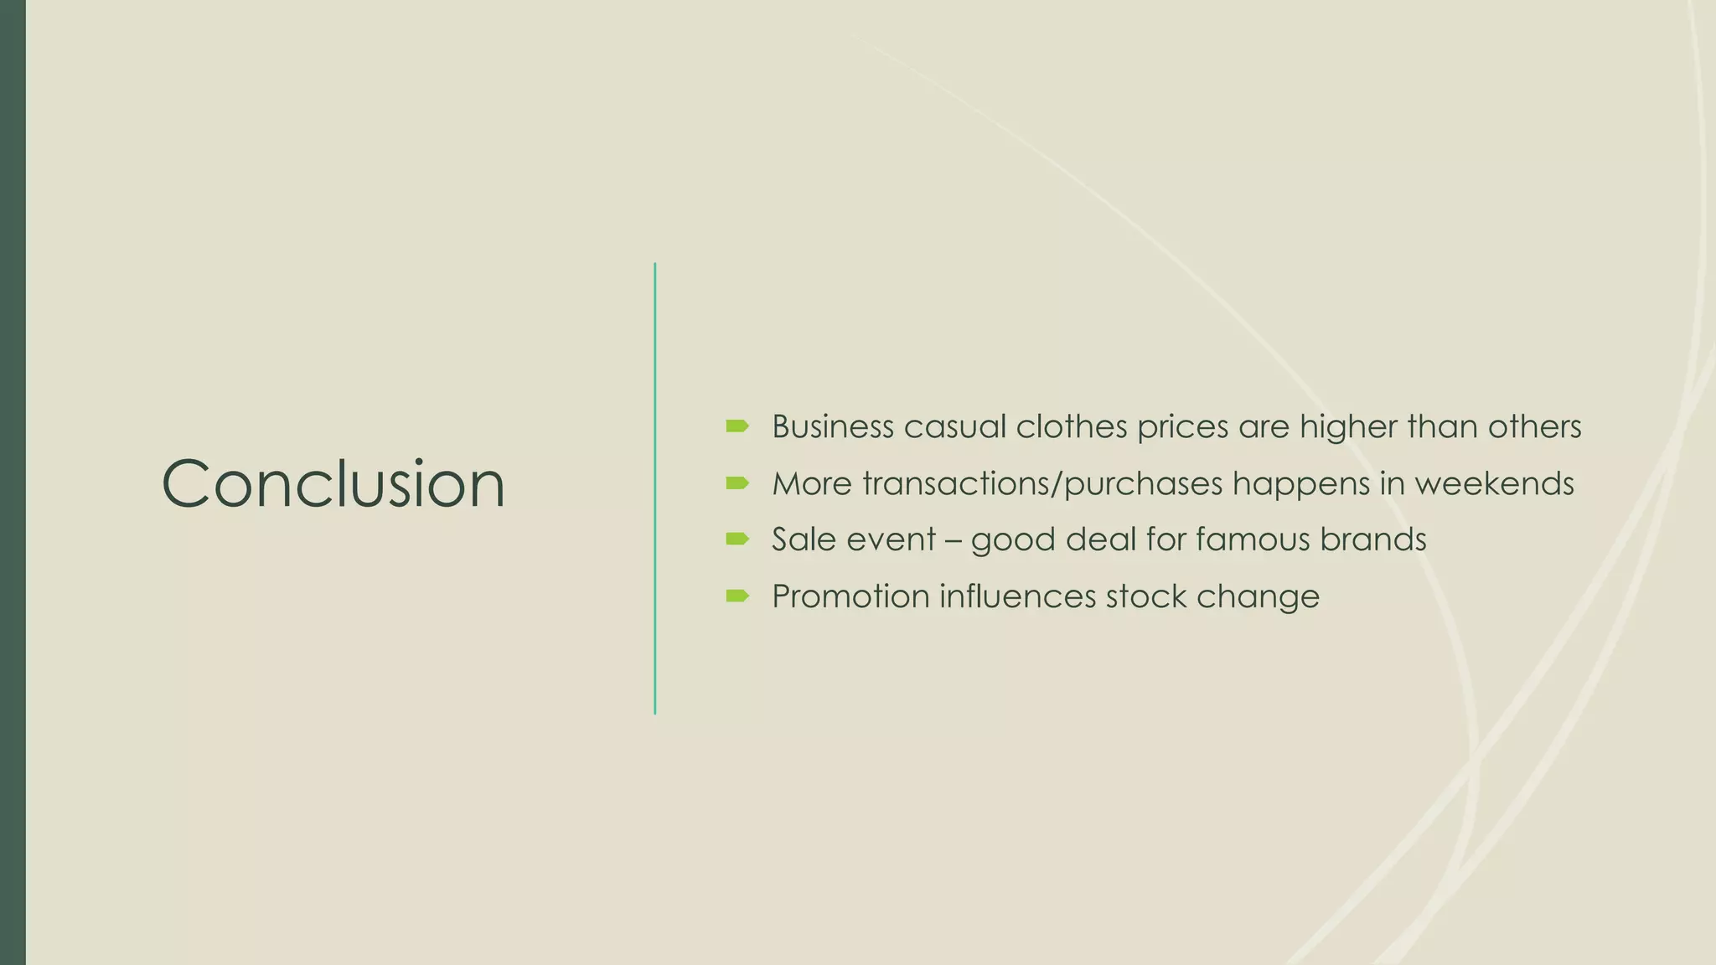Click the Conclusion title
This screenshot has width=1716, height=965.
tap(333, 483)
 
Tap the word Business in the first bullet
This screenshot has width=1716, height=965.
tap(833, 426)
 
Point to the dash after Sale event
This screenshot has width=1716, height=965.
tap(953, 540)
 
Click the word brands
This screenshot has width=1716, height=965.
tap(1372, 539)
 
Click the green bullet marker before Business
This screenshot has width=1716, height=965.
tap(737, 426)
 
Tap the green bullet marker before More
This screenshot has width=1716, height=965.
tap(737, 483)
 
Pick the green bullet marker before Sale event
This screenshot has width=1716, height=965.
tap(737, 539)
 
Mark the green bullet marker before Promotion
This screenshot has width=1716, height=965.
tap(737, 596)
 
